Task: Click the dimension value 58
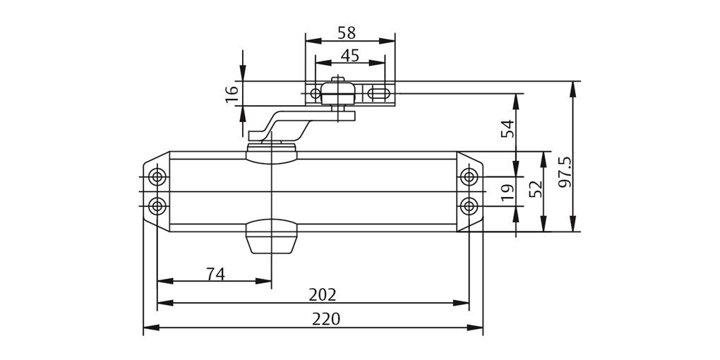[x=346, y=32]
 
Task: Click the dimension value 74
[x=215, y=274]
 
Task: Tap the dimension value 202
[x=323, y=294]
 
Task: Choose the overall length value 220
[x=325, y=318]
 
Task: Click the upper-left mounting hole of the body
[x=157, y=176]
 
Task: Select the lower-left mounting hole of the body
[x=157, y=205]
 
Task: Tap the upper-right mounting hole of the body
[x=468, y=176]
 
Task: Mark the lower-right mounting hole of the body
[x=468, y=205]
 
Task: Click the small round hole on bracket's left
[x=315, y=93]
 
